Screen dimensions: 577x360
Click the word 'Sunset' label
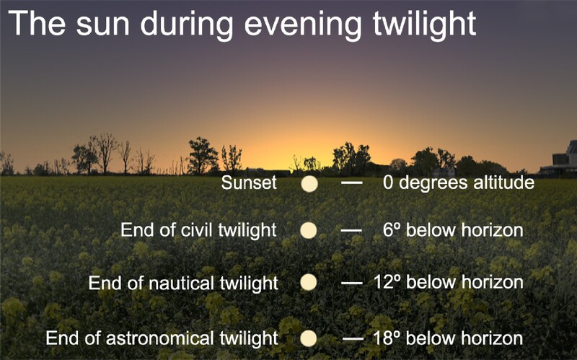coord(249,183)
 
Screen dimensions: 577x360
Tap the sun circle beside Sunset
coord(309,184)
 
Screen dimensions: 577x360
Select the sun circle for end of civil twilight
coord(309,230)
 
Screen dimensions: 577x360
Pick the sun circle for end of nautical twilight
coord(309,282)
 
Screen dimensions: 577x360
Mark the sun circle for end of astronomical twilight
coord(309,338)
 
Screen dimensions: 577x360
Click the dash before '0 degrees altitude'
coord(352,183)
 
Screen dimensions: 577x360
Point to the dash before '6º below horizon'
coord(351,231)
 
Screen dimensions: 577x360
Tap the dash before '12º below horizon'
coord(352,283)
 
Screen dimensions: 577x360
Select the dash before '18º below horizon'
coord(353,338)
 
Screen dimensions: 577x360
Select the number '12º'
coord(387,282)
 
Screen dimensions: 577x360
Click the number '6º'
coord(392,230)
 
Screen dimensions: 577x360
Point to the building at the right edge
coord(560,159)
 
